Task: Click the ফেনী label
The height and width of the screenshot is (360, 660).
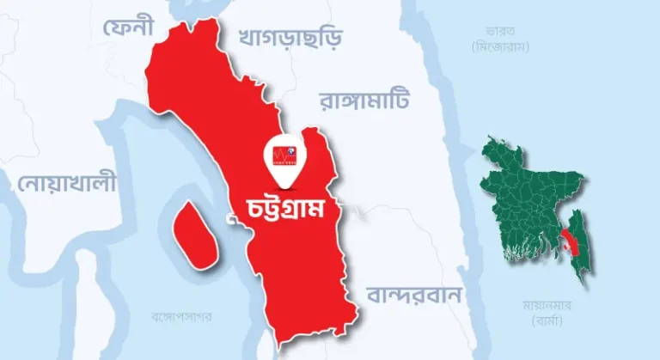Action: click(127, 28)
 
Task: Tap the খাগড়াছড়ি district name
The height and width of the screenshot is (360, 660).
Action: click(289, 38)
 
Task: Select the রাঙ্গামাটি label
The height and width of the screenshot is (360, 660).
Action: click(365, 101)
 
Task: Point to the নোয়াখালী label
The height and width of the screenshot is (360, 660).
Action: click(66, 182)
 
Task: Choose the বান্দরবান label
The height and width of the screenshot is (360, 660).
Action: click(414, 295)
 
